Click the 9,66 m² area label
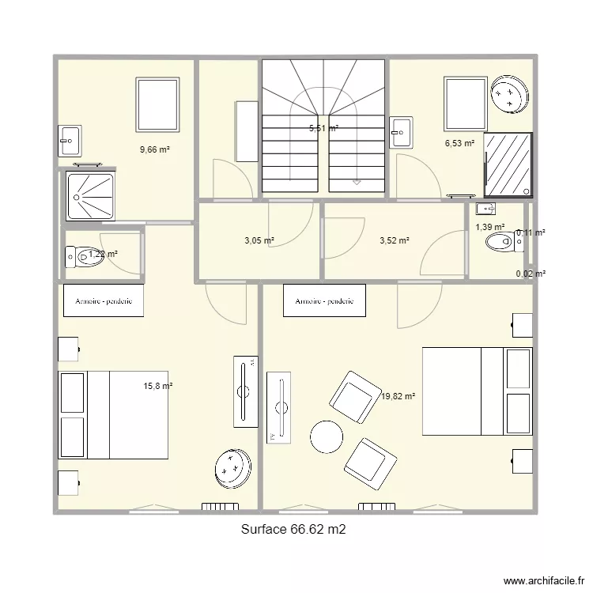156,149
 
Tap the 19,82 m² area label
398,398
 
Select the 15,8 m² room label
157,386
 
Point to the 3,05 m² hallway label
259,240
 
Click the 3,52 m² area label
394,240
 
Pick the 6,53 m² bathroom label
459,143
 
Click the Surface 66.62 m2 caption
293,531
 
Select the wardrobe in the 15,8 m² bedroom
104,301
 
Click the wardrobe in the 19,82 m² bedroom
324,301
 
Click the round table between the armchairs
327,436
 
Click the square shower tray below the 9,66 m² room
90,195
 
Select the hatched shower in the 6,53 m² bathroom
508,164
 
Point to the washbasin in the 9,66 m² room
69,141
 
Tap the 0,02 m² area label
531,274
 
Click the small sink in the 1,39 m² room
484,209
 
